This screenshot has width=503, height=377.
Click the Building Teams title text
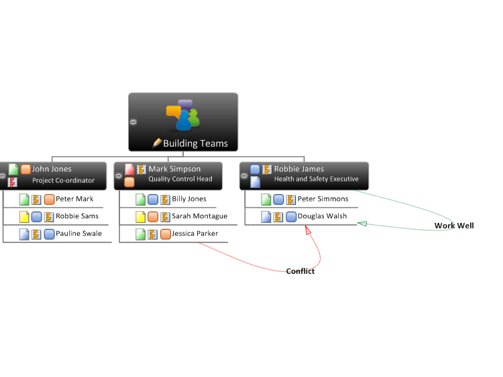click(x=195, y=143)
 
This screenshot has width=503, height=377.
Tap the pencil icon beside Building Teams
click(x=157, y=143)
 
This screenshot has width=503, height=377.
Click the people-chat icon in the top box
click(x=183, y=115)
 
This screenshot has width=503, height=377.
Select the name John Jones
click(x=52, y=169)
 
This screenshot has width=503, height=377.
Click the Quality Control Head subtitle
click(x=180, y=179)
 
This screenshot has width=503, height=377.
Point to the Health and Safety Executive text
click(x=317, y=179)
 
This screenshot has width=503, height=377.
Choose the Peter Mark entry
click(x=74, y=199)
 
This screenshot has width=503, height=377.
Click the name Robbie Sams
click(x=77, y=216)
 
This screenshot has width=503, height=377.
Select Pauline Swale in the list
click(x=78, y=234)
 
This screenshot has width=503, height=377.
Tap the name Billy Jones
click(x=189, y=199)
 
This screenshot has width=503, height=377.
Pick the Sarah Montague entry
click(x=200, y=216)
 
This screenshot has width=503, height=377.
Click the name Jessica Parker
click(x=194, y=234)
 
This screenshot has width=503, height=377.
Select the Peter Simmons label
click(x=323, y=199)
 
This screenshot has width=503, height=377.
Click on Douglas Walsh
click(x=322, y=216)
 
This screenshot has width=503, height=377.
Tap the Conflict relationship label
click(x=300, y=271)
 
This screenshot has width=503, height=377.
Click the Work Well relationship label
click(x=454, y=226)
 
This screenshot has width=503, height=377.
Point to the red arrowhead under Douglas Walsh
click(x=308, y=230)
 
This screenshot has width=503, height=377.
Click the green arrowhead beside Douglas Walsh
click(x=362, y=224)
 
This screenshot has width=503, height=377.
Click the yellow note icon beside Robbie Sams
click(x=24, y=217)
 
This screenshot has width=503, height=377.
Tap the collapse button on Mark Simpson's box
click(x=118, y=176)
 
